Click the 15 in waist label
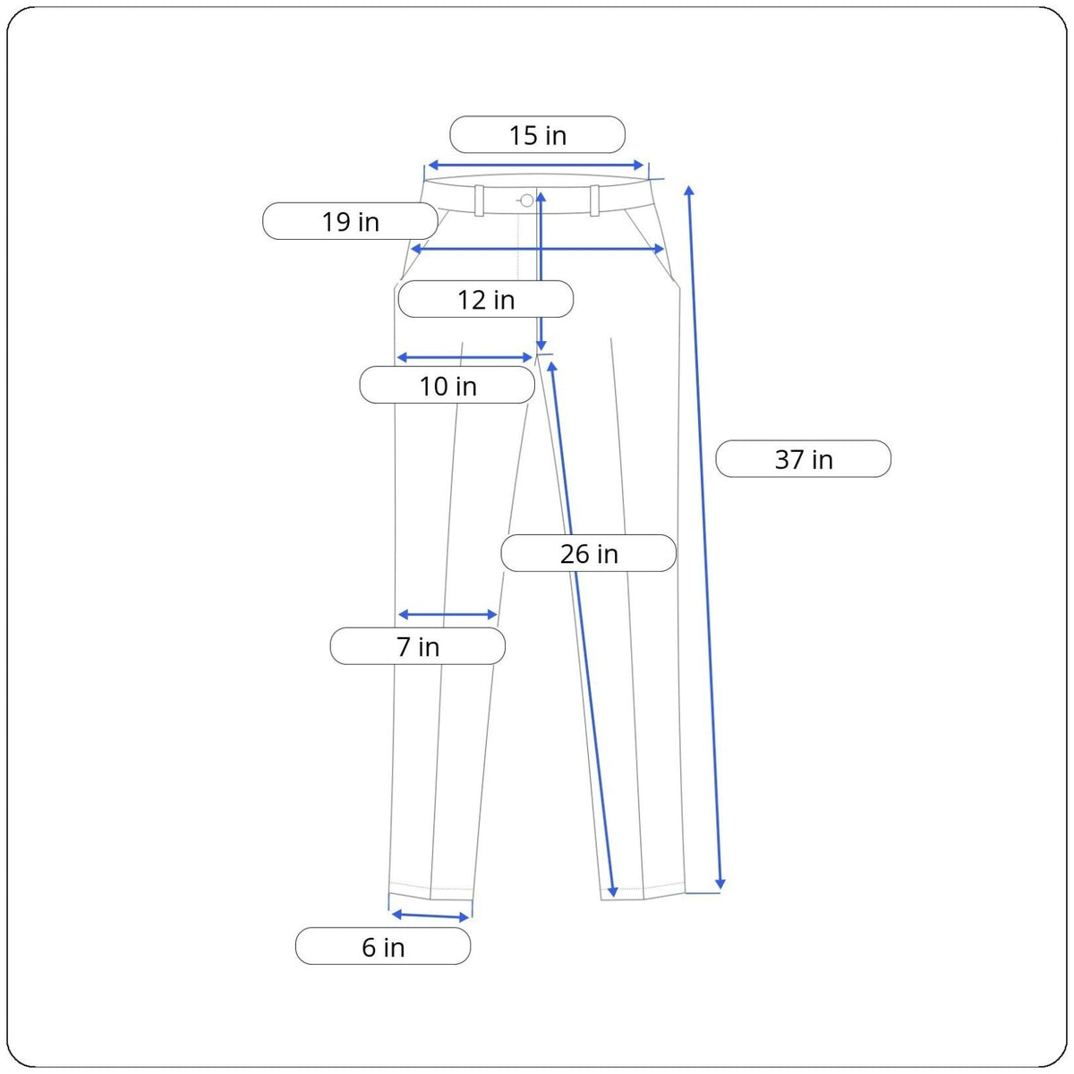click(537, 134)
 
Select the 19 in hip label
click(350, 221)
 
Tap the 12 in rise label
click(485, 299)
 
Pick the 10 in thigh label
click(447, 385)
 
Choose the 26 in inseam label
click(589, 553)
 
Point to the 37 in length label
click(803, 459)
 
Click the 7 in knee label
click(417, 646)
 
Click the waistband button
click(526, 200)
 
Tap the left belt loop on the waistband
click(479, 200)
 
